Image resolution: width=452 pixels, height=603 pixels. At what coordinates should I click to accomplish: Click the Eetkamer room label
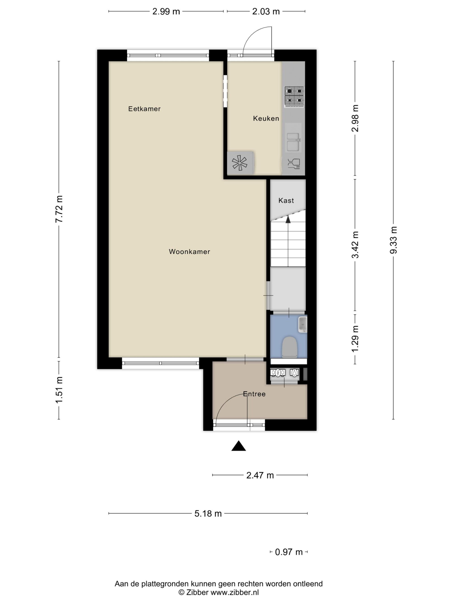(x=144, y=109)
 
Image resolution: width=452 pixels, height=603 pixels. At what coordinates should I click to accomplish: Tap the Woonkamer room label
(x=189, y=252)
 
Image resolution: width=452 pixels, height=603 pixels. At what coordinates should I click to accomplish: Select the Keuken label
(x=266, y=118)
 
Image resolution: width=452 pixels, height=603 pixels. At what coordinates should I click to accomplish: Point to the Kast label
(x=286, y=201)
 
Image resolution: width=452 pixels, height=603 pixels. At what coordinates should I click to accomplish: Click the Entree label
(x=254, y=394)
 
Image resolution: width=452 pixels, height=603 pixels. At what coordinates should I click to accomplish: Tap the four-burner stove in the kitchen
(x=294, y=97)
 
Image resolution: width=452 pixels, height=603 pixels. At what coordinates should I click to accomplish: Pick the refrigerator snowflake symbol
(x=240, y=163)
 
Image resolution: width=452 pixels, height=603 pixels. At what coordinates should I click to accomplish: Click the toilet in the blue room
(x=289, y=347)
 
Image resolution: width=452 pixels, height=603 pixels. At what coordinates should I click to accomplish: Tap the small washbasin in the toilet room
(x=303, y=324)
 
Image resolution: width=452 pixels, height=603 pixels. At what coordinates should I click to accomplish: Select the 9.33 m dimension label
(x=393, y=240)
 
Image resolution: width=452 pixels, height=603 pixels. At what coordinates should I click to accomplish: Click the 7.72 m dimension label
(x=59, y=209)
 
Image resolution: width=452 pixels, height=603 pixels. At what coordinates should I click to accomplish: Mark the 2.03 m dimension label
(x=266, y=12)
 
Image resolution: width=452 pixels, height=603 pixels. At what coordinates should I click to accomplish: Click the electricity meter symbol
(x=278, y=373)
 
